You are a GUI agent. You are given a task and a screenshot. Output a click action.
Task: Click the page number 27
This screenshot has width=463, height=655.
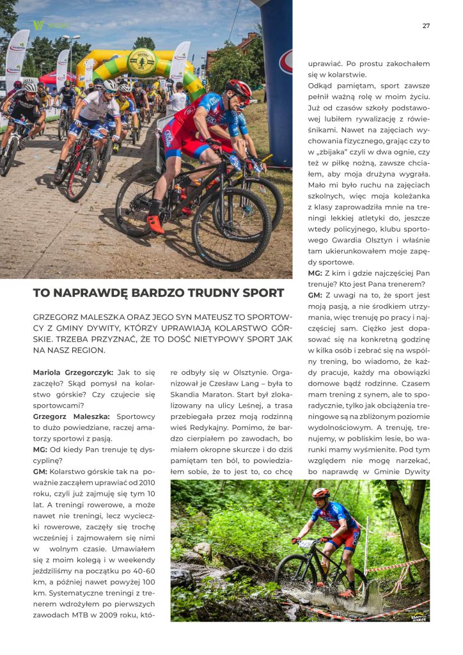pyautogui.click(x=426, y=26)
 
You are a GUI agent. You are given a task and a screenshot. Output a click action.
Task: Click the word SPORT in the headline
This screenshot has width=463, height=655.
pyautogui.click(x=260, y=294)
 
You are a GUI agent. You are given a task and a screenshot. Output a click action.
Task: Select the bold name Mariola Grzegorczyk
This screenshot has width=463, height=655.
pyautogui.click(x=73, y=372)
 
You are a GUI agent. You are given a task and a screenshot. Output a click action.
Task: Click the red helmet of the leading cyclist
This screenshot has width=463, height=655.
pyautogui.click(x=239, y=88)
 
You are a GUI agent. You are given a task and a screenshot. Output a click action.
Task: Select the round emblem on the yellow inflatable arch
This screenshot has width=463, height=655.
pyautogui.click(x=142, y=62)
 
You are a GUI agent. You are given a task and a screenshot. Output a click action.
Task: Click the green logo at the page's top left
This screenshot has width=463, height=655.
pyautogui.click(x=39, y=25)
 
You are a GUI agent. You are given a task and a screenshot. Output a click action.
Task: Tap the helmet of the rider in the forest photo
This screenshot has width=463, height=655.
pyautogui.click(x=320, y=493)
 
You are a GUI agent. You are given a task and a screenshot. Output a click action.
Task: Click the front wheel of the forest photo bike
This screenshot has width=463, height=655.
pyautogui.click(x=296, y=574)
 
